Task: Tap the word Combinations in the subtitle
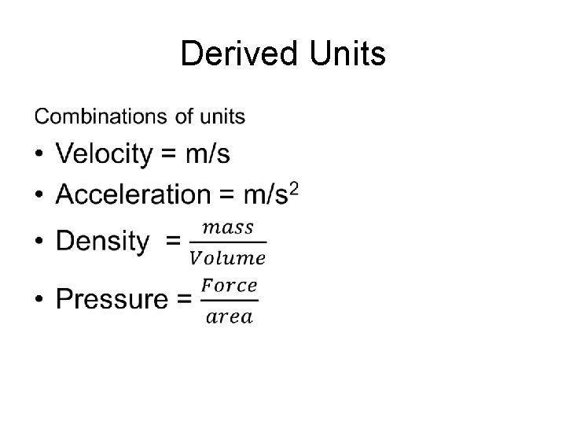click(x=101, y=117)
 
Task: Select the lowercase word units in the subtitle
click(x=220, y=117)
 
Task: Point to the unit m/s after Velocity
click(x=208, y=154)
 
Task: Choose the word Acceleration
click(x=134, y=194)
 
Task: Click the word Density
click(x=102, y=241)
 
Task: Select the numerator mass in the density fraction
click(x=228, y=227)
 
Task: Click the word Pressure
click(x=112, y=299)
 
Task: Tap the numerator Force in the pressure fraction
click(x=229, y=285)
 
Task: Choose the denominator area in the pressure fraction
click(x=229, y=316)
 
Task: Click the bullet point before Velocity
click(x=39, y=155)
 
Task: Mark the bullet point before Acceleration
click(x=39, y=194)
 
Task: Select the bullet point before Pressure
click(x=39, y=300)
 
